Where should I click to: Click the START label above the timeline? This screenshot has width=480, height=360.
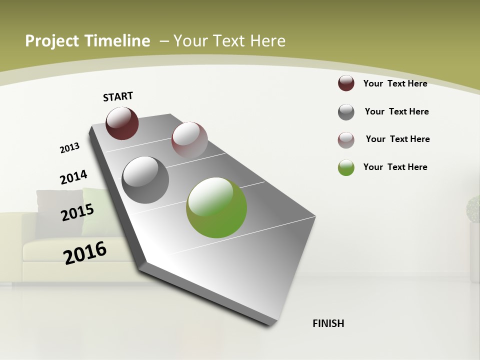118,96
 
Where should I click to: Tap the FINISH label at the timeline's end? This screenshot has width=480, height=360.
328,323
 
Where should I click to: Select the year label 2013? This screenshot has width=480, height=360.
69,148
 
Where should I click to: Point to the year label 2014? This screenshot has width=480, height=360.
73,177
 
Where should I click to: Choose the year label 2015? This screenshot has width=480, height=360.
77,212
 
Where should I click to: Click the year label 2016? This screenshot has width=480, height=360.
85,252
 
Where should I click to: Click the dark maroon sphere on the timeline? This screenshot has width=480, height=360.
122,123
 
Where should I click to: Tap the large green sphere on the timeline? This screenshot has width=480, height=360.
216,207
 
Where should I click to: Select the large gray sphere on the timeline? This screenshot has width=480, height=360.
145,179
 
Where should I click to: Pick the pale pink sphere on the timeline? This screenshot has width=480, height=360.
189,140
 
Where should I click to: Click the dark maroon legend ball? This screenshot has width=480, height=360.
346,83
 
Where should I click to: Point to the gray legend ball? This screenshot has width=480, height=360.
346,112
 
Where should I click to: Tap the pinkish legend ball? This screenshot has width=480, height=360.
346,140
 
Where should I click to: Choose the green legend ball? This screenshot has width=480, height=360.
346,167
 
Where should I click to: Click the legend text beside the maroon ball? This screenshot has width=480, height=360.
395,83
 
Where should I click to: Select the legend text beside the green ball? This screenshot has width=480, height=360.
395,167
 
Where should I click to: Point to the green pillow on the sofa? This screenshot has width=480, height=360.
95,210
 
